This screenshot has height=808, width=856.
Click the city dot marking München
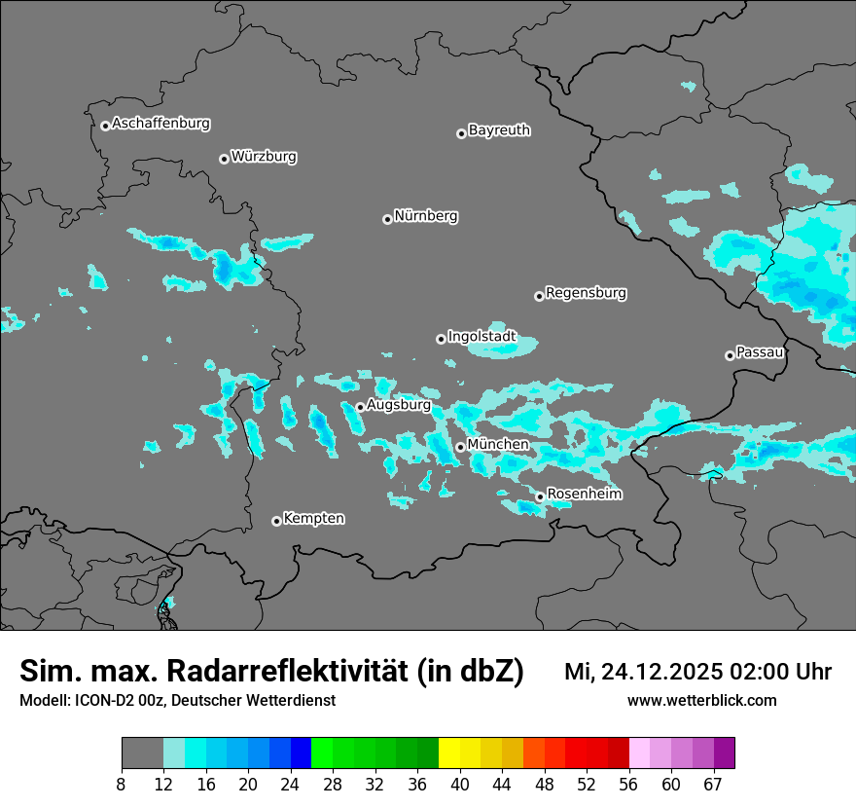tap(460, 448)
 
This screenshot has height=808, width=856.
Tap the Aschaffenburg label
tap(160, 124)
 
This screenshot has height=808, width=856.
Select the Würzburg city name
tap(264, 157)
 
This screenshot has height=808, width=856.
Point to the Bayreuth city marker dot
tap(461, 133)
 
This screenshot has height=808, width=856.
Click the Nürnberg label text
tap(426, 216)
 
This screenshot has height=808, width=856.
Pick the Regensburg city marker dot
tap(539, 296)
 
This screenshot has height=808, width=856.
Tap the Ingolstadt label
tap(481, 337)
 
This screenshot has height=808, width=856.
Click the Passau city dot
tap(730, 355)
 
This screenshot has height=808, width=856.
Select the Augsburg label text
tap(399, 405)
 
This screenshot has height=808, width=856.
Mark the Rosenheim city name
tap(584, 495)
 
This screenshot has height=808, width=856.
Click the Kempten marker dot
tap(276, 521)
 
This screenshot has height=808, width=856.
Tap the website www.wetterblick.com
tap(701, 701)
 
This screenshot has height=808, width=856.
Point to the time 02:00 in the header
tap(766, 672)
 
